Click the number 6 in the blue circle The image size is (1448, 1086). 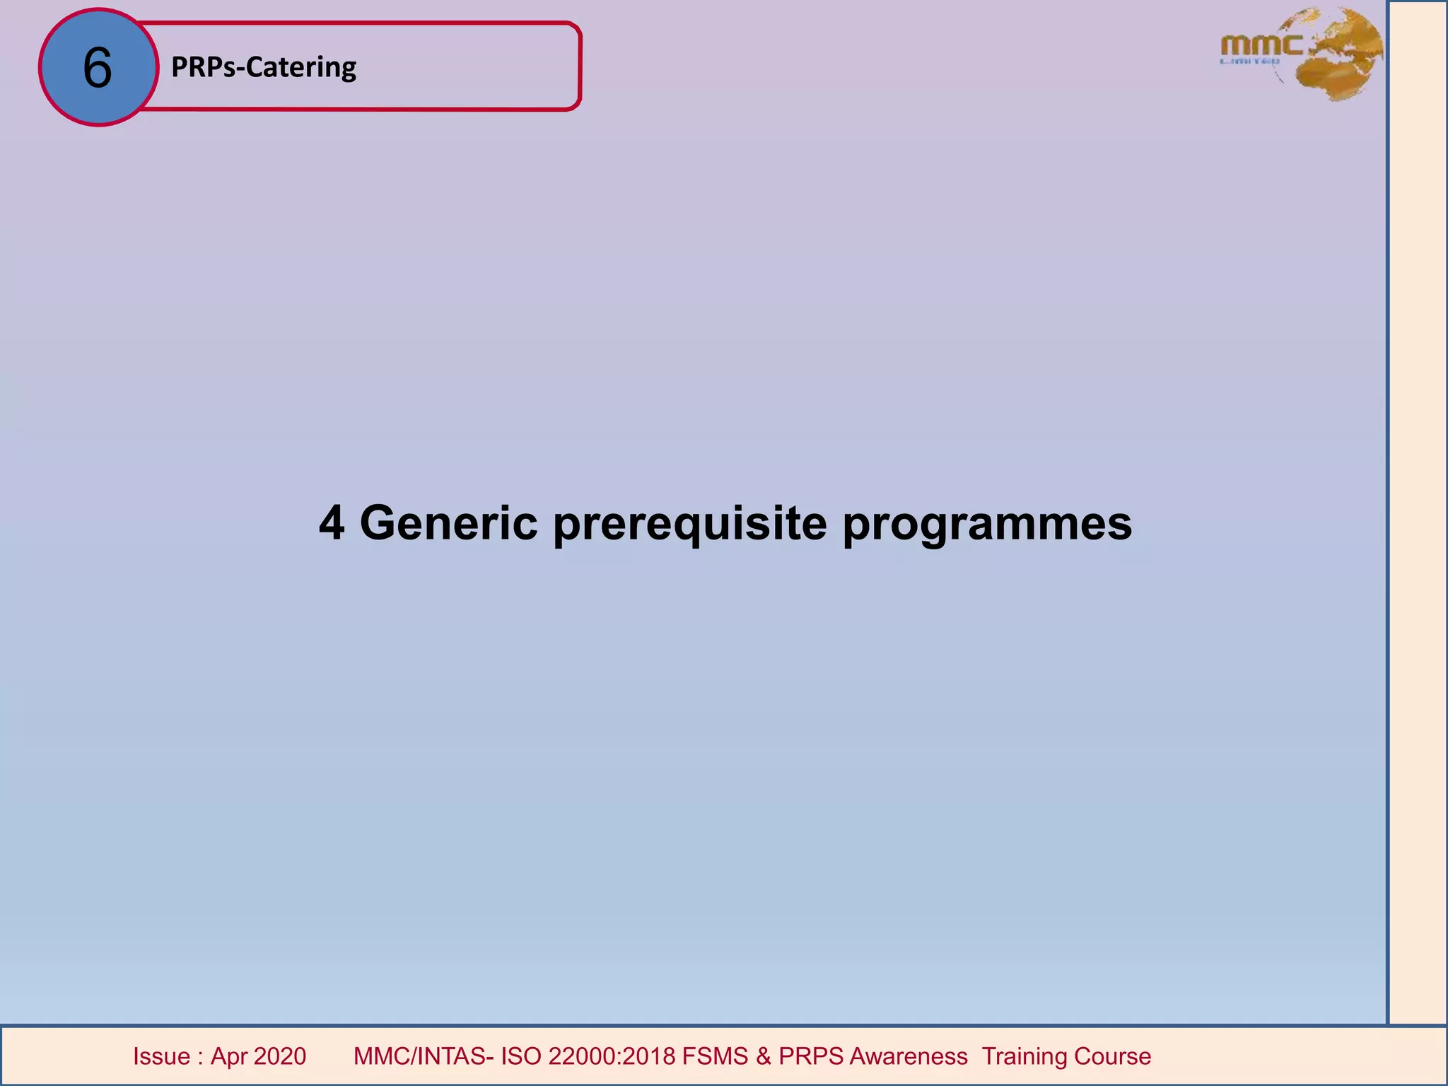pyautogui.click(x=98, y=68)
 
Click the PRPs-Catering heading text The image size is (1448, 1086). pyautogui.click(x=264, y=67)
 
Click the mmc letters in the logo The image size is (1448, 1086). pyautogui.click(x=1261, y=46)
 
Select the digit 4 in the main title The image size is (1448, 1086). pyautogui.click(x=332, y=523)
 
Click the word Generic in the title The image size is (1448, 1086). pyautogui.click(x=448, y=523)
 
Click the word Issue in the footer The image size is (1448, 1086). pyautogui.click(x=162, y=1056)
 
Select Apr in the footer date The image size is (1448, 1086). pyautogui.click(x=228, y=1057)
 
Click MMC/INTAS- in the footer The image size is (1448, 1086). pyautogui.click(x=424, y=1056)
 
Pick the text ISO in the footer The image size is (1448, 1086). pyautogui.click(x=522, y=1056)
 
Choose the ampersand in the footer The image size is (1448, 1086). pyautogui.click(x=764, y=1056)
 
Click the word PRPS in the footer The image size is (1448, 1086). pyautogui.click(x=811, y=1056)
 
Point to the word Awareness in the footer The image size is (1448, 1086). pyautogui.click(x=909, y=1056)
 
